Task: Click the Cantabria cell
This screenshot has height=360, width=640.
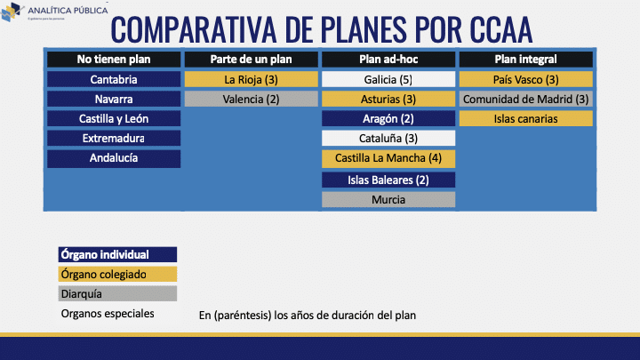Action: pyautogui.click(x=114, y=79)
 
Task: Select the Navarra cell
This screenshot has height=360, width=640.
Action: pyautogui.click(x=114, y=99)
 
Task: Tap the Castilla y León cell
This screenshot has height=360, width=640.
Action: pyautogui.click(x=114, y=118)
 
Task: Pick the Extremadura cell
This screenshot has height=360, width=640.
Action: pyautogui.click(x=114, y=139)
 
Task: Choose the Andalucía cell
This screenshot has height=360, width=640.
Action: pyautogui.click(x=114, y=158)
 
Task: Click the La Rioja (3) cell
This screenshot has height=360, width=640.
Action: pyautogui.click(x=251, y=79)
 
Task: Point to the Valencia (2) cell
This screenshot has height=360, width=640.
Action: pyautogui.click(x=251, y=99)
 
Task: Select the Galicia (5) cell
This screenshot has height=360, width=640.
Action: pyautogui.click(x=388, y=79)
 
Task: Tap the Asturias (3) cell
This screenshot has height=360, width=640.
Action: pyautogui.click(x=388, y=99)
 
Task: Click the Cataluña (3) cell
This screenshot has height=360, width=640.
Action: pyautogui.click(x=388, y=139)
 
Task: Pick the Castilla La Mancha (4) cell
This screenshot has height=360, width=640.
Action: pyautogui.click(x=388, y=158)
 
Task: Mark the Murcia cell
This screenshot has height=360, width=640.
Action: pyautogui.click(x=388, y=199)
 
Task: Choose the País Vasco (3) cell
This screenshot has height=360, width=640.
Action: pyautogui.click(x=525, y=79)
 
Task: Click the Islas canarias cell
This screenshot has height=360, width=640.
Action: pyautogui.click(x=525, y=118)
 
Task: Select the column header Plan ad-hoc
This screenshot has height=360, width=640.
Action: pyautogui.click(x=388, y=60)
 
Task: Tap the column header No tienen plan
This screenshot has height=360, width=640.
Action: pyautogui.click(x=114, y=60)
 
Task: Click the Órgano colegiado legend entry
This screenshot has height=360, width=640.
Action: pyautogui.click(x=116, y=275)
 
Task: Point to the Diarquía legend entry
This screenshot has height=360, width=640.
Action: pyautogui.click(x=116, y=294)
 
